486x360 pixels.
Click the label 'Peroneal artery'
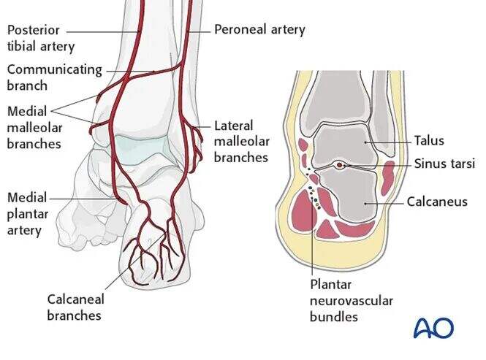[x=259, y=30]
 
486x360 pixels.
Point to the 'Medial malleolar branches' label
[x=34, y=127]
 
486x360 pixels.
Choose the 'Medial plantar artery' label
[x=26, y=213]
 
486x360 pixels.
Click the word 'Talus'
[x=428, y=141]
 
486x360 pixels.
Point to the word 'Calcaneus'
[x=437, y=201]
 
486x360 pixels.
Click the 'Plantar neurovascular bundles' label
[x=351, y=300]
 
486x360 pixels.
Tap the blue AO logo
[x=433, y=327]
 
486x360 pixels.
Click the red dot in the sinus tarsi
[x=340, y=166]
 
